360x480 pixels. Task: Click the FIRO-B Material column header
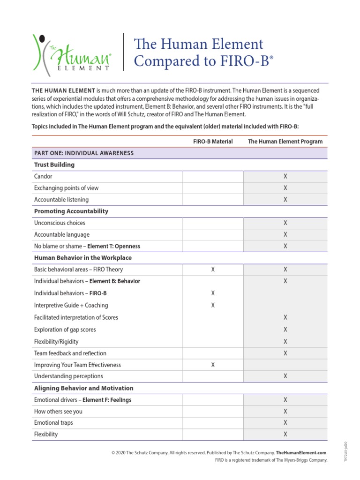pyautogui.click(x=213, y=141)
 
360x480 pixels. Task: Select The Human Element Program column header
pyautogui.click(x=285, y=141)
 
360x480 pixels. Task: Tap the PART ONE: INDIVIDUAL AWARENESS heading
pyautogui.click(x=84, y=153)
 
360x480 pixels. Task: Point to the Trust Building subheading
pyautogui.click(x=54, y=165)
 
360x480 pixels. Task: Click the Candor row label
pyautogui.click(x=43, y=176)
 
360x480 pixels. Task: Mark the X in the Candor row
pyautogui.click(x=285, y=176)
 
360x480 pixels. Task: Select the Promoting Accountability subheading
pyautogui.click(x=71, y=211)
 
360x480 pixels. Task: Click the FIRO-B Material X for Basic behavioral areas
pyautogui.click(x=213, y=270)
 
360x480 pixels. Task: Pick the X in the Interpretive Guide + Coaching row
pyautogui.click(x=213, y=305)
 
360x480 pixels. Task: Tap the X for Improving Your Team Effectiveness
pyautogui.click(x=213, y=365)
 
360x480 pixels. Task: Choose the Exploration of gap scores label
pyautogui.click(x=65, y=330)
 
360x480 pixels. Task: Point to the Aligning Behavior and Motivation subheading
pyautogui.click(x=83, y=388)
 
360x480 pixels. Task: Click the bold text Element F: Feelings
pyautogui.click(x=107, y=400)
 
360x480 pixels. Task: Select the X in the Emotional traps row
pyautogui.click(x=285, y=423)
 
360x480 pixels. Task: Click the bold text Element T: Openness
pyautogui.click(x=114, y=246)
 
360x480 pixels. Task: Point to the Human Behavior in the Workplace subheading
pyautogui.click(x=83, y=258)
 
